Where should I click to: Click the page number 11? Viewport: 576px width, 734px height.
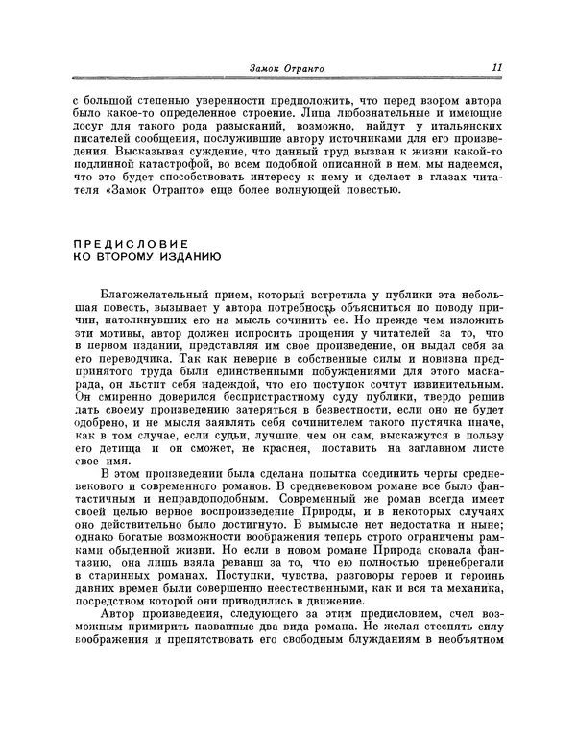pyautogui.click(x=496, y=68)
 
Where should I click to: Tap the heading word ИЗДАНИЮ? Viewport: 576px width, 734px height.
pyautogui.click(x=186, y=257)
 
